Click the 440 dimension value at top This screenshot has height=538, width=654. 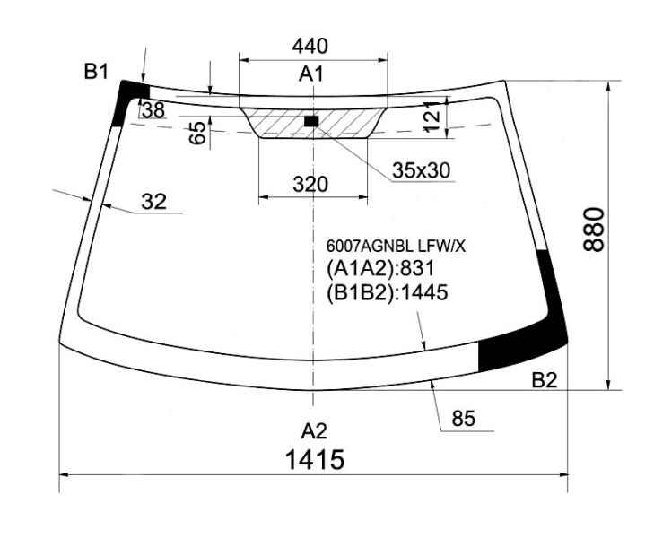(310, 46)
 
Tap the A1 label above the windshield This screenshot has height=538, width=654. (311, 74)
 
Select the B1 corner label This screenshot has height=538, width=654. (96, 72)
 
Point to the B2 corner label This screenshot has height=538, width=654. (545, 380)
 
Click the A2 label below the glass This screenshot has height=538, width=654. (314, 431)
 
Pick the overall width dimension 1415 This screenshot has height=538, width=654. (315, 460)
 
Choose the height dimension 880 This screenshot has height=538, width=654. (594, 230)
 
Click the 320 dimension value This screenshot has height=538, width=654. (310, 184)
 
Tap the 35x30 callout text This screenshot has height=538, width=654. (422, 170)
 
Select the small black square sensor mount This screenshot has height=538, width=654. (311, 121)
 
